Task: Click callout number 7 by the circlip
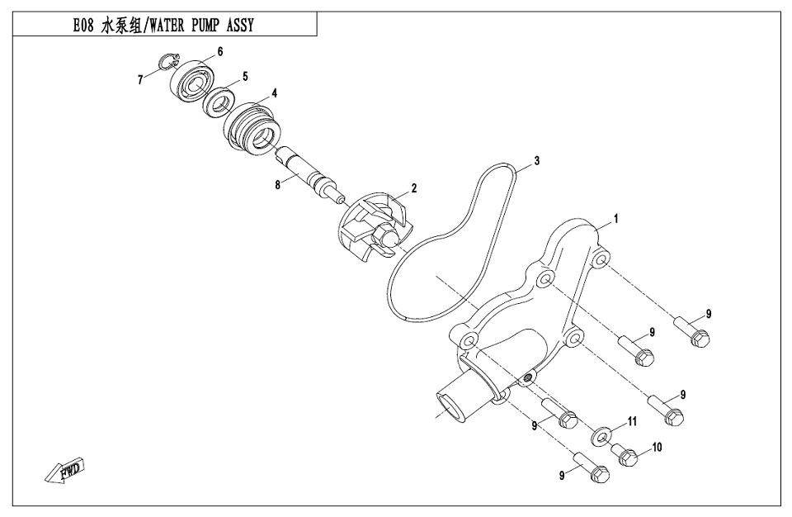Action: coord(141,79)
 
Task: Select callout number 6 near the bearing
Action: coord(220,52)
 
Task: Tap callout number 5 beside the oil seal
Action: coord(244,77)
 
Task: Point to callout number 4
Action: coord(273,92)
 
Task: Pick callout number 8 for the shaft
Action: coord(278,185)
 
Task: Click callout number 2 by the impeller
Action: coord(413,188)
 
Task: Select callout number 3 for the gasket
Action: coord(536,160)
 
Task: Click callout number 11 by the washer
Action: coord(632,421)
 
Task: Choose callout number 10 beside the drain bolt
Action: coord(657,448)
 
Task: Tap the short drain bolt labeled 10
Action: coord(625,453)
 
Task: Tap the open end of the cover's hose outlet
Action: coord(450,406)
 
